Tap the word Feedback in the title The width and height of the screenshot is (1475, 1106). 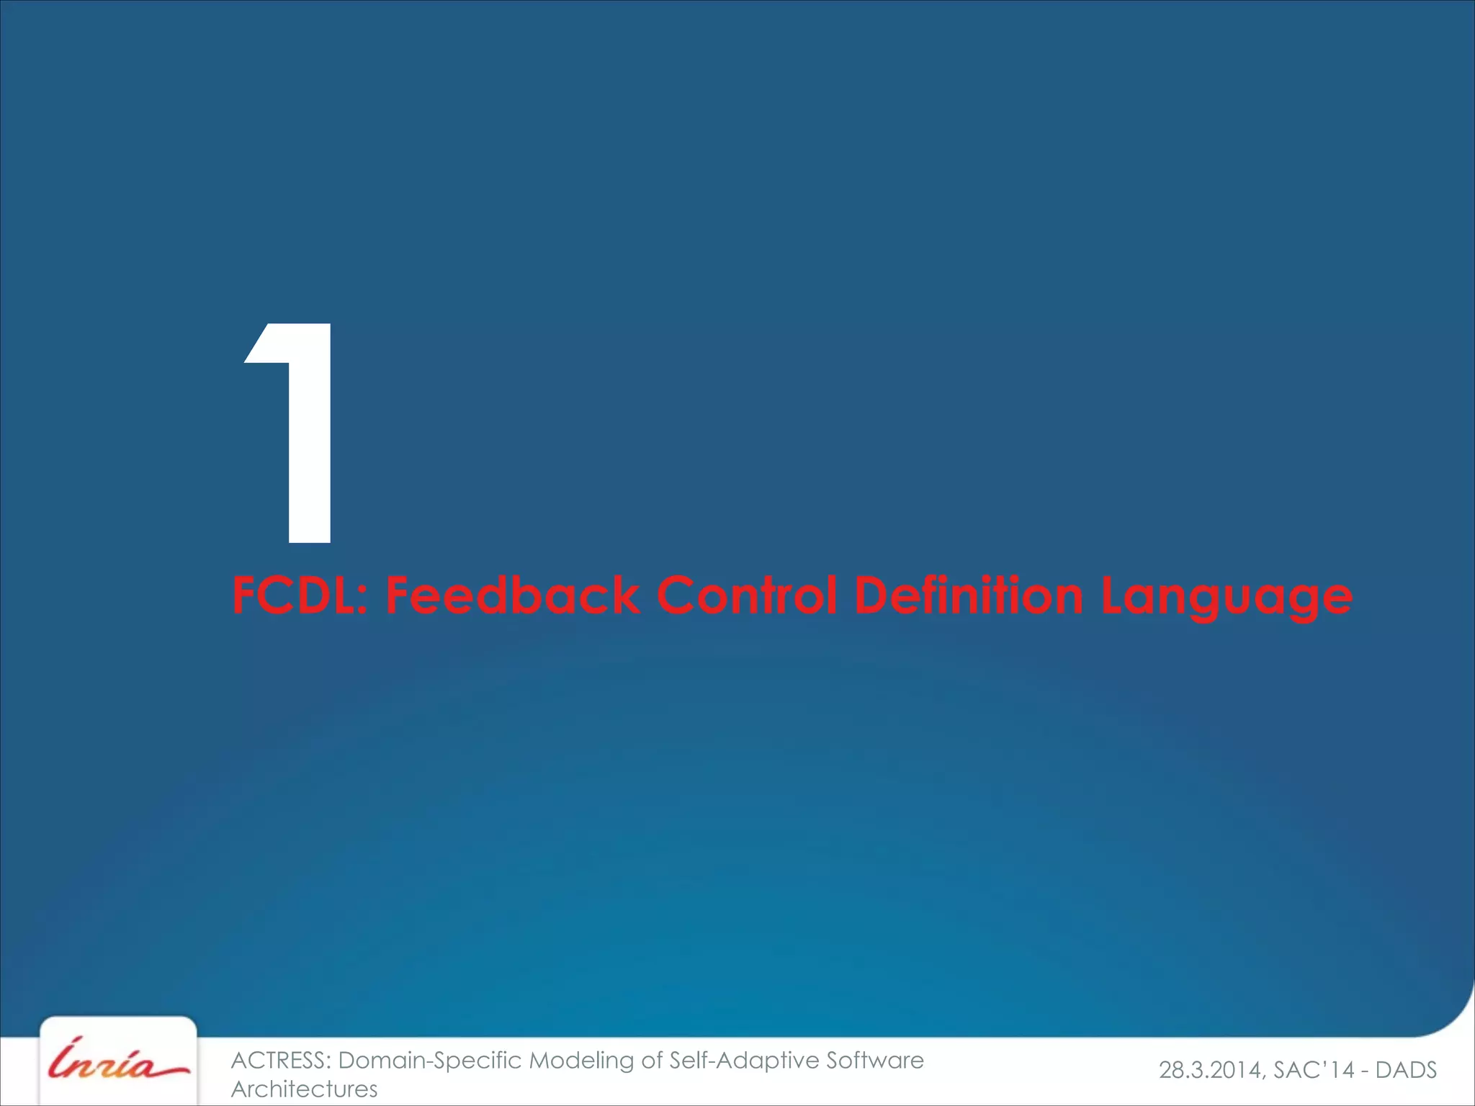pyautogui.click(x=512, y=596)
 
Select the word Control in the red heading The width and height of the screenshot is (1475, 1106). pyautogui.click(x=747, y=596)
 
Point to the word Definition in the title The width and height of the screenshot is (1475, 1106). pyautogui.click(x=968, y=596)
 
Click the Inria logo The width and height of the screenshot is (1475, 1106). pyautogui.click(x=118, y=1063)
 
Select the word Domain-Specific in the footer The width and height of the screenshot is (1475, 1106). pyautogui.click(x=431, y=1061)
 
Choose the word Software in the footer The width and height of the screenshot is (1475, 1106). pyautogui.click(x=874, y=1061)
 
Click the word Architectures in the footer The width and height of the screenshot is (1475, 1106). pyautogui.click(x=304, y=1089)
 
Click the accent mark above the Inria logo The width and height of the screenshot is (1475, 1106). pyautogui.click(x=77, y=1041)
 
